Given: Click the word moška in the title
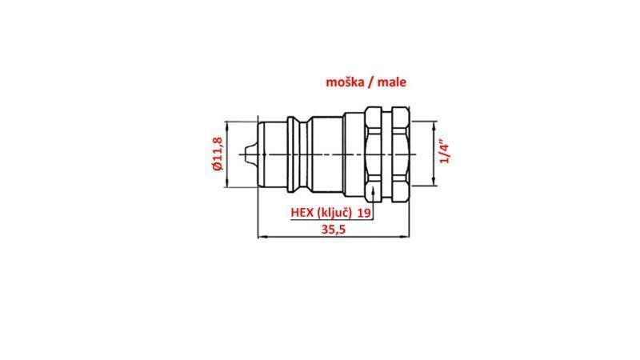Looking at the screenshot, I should [x=345, y=82].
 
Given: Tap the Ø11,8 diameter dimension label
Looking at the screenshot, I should [x=217, y=154].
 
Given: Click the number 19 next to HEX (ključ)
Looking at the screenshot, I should [x=363, y=213].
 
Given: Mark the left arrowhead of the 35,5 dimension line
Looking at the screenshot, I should [x=260, y=236].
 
